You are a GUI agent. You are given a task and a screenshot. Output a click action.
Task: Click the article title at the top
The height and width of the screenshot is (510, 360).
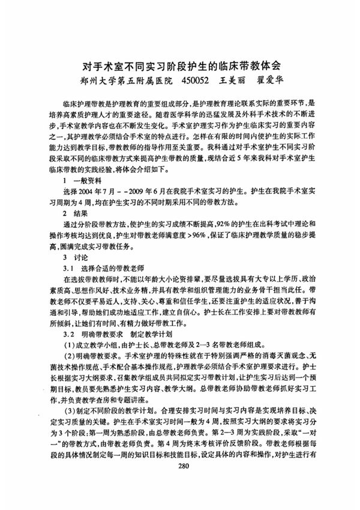pyautogui.click(x=180, y=64)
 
